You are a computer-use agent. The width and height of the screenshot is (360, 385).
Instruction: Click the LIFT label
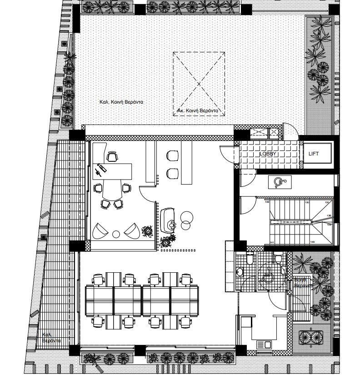(314, 154)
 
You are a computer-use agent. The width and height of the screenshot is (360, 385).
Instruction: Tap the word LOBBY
(268, 154)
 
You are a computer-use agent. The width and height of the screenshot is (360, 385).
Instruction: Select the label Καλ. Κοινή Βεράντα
(121, 102)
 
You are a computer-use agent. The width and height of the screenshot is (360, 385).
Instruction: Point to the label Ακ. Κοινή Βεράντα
(198, 111)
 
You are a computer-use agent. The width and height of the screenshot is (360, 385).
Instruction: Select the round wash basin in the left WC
(240, 272)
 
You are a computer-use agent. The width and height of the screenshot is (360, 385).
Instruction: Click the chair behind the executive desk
(112, 157)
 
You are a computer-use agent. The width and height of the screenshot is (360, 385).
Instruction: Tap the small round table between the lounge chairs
(116, 234)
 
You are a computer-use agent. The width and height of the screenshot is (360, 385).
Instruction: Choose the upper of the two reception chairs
(172, 155)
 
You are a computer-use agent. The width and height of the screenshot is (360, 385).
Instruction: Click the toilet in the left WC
(249, 259)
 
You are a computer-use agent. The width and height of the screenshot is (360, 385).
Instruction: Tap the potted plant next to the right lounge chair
(148, 231)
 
